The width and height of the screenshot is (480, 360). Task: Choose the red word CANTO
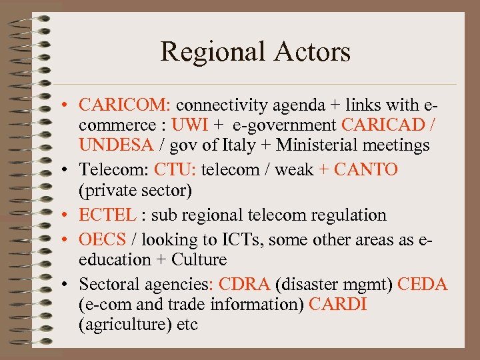coord(366,170)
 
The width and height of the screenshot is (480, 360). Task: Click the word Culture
coord(199,259)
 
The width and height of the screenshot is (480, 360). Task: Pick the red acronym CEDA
coord(423,285)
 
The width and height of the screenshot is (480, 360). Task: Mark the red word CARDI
coord(338,305)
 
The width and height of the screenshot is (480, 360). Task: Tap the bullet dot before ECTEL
coord(69,216)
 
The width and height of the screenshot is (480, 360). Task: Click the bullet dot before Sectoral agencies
coord(69,285)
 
